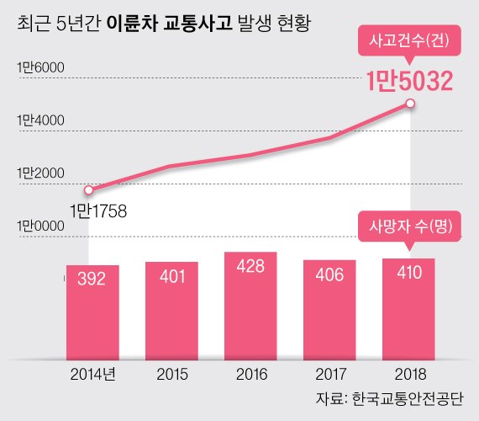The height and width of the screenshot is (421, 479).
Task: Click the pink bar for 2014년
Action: (x=92, y=312)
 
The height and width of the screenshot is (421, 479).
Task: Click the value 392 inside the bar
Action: (x=92, y=279)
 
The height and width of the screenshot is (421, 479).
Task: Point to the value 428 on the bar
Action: (x=250, y=266)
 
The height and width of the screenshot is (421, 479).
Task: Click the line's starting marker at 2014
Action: (x=89, y=189)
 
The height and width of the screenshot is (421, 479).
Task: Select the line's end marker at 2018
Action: (x=410, y=103)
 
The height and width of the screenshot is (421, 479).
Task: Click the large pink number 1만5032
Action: (x=409, y=81)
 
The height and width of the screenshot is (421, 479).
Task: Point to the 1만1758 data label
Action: (x=97, y=209)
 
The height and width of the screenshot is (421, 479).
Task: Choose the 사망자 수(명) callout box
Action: (x=409, y=226)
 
